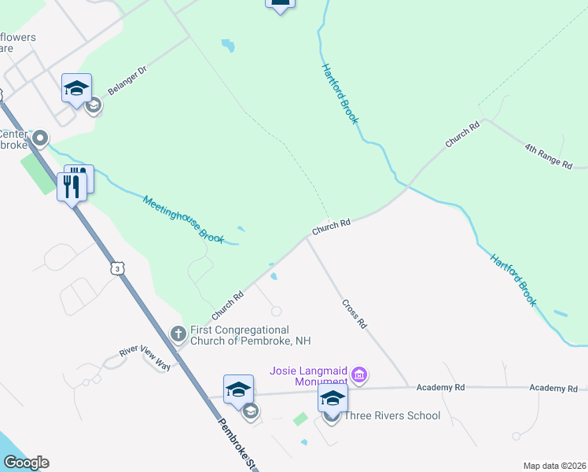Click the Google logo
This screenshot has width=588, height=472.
click(x=26, y=463)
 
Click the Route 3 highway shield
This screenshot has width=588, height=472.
click(x=116, y=269)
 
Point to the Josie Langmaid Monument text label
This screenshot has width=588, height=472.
click(x=308, y=376)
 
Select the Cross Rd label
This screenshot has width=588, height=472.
click(x=355, y=313)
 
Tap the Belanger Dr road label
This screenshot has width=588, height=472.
click(x=127, y=80)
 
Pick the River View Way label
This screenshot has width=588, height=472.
click(x=145, y=355)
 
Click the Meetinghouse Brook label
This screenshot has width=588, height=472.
click(x=184, y=219)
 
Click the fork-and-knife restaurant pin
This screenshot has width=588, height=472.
click(x=72, y=186)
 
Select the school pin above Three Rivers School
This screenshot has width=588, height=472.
click(x=333, y=398)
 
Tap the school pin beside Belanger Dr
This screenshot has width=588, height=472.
click(x=76, y=88)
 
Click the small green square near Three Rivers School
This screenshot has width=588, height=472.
click(x=300, y=419)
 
